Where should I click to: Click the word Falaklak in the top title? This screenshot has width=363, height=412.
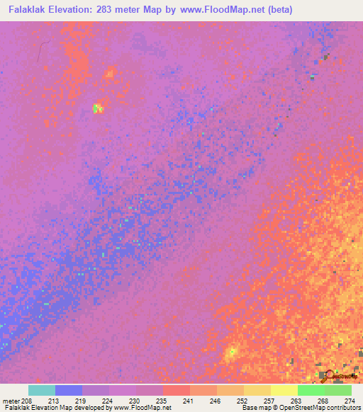click(x=26, y=10)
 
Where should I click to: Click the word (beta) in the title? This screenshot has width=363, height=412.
click(x=276, y=10)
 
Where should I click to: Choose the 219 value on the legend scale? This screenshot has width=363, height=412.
click(x=82, y=401)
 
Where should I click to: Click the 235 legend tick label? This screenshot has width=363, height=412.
click(x=162, y=401)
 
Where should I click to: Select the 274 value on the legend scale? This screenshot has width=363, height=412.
click(x=349, y=401)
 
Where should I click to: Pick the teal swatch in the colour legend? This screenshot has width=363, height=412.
click(x=42, y=390)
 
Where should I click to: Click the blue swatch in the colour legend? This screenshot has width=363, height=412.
click(x=69, y=390)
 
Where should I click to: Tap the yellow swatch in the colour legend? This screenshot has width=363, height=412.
click(x=284, y=390)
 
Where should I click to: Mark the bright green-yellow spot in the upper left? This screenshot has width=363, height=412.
click(x=98, y=108)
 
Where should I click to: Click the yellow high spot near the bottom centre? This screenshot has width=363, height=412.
click(x=231, y=351)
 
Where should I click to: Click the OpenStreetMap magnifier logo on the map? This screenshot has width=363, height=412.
click(x=328, y=374)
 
